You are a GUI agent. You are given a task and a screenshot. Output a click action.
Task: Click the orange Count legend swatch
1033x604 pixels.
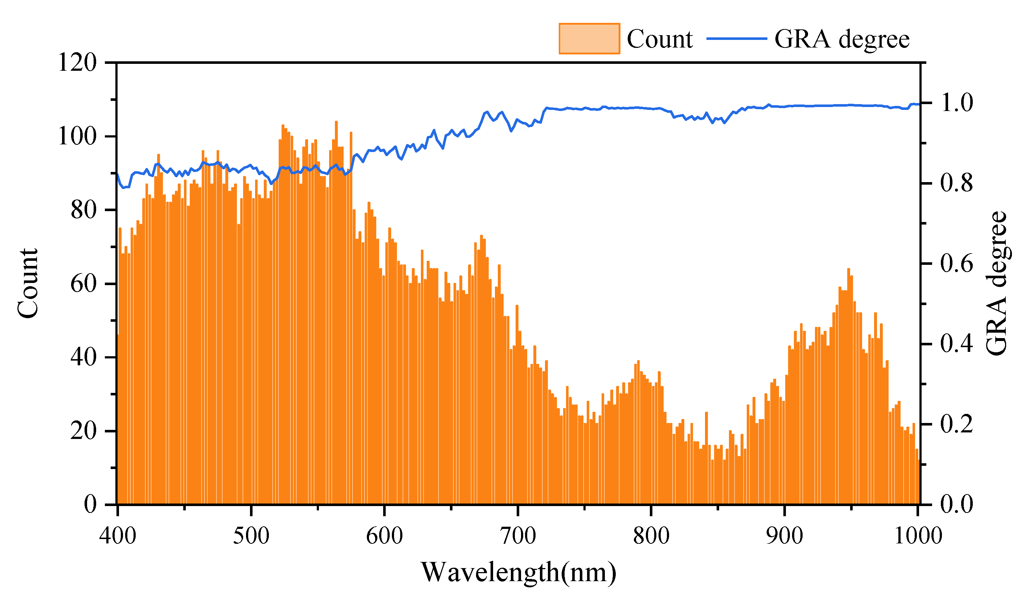click(589, 39)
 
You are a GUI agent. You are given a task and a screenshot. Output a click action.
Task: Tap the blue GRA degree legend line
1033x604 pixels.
click(737, 39)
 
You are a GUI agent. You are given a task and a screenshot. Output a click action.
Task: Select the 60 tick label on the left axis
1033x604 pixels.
click(83, 284)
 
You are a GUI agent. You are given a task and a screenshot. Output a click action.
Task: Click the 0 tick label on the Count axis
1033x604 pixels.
click(90, 504)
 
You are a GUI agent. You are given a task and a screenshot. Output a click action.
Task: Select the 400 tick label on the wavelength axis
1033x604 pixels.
click(118, 535)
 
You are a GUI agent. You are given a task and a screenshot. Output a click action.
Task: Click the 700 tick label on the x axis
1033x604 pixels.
click(518, 535)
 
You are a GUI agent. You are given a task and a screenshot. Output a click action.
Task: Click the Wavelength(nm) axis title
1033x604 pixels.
click(518, 572)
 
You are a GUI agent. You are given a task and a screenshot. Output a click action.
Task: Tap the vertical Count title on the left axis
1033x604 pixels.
click(28, 284)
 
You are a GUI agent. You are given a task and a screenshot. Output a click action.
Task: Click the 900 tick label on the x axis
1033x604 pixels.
click(784, 535)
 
